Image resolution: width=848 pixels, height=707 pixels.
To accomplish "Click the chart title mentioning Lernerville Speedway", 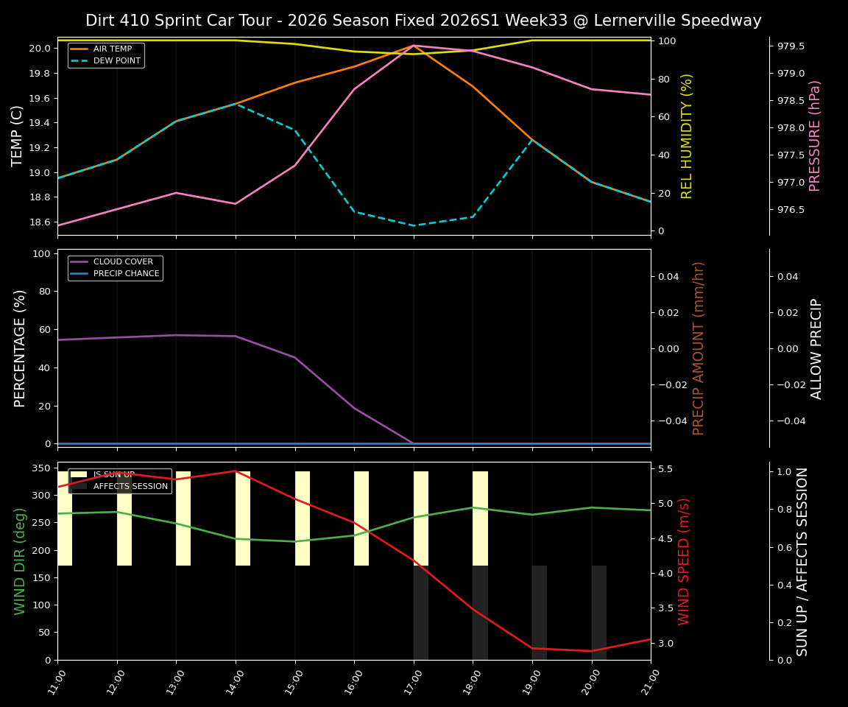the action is click(x=423, y=21).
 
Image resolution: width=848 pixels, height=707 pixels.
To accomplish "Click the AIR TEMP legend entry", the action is click(x=112, y=49).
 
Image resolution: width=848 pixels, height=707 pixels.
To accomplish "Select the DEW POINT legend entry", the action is click(x=116, y=61).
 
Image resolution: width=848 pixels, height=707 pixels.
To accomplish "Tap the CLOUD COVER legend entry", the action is click(x=123, y=262).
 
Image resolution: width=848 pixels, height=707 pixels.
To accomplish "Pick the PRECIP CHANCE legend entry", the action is click(x=126, y=274).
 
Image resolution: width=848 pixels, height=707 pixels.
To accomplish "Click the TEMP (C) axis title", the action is click(x=18, y=136).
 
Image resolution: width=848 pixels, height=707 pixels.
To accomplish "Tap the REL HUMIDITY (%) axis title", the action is click(x=687, y=136).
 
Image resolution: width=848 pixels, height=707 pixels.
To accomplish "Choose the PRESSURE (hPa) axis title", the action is click(x=815, y=136).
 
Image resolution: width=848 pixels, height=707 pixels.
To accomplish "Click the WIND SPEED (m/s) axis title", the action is click(x=685, y=561).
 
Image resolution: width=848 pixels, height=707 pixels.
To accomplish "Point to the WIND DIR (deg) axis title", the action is click(x=20, y=561).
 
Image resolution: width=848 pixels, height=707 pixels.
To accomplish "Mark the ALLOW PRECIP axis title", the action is click(x=816, y=348).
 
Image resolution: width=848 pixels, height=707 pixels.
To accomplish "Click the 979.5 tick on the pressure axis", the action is click(x=791, y=46).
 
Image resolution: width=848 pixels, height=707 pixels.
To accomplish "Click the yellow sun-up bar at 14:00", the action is click(x=243, y=518).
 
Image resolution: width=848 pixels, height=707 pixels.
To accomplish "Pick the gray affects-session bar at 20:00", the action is click(x=599, y=613).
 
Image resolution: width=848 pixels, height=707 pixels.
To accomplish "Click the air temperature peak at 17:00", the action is click(x=414, y=45).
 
